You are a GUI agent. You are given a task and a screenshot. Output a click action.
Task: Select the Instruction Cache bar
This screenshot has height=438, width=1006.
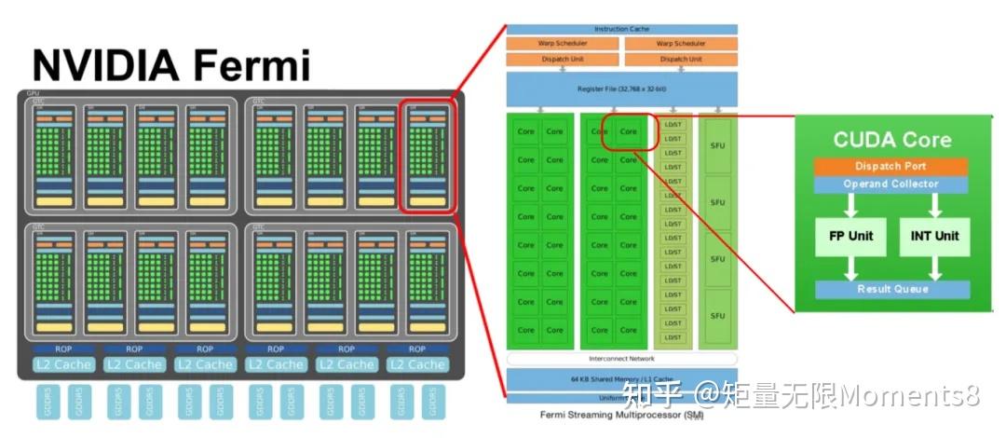click(621, 29)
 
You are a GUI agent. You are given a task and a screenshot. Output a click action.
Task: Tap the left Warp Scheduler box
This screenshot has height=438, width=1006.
click(564, 44)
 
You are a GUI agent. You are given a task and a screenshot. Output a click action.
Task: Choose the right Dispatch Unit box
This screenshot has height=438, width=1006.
click(680, 59)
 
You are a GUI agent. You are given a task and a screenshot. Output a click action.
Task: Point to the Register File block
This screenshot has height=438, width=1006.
click(621, 89)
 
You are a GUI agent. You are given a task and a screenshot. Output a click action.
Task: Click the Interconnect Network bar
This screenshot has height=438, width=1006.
click(621, 359)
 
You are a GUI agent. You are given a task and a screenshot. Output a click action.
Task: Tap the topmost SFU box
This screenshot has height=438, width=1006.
click(717, 145)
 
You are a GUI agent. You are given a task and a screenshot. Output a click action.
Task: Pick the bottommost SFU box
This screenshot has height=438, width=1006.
click(717, 316)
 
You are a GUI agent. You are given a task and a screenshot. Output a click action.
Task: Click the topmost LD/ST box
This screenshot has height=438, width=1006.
click(673, 125)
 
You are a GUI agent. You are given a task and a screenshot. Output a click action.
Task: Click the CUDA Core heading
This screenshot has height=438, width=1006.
click(891, 140)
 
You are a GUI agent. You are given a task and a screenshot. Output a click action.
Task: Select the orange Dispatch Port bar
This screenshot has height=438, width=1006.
click(890, 166)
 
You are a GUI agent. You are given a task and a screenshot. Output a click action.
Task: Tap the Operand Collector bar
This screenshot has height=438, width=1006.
click(890, 184)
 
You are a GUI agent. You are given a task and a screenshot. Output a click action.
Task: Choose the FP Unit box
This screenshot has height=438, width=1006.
click(850, 236)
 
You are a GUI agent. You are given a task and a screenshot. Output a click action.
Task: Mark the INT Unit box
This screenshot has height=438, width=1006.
click(934, 236)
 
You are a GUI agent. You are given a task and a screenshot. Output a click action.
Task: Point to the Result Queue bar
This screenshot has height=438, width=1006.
click(891, 289)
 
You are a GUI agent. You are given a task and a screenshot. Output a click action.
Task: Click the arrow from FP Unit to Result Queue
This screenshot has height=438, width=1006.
click(850, 268)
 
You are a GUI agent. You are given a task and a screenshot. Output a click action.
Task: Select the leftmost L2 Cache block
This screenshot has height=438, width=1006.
click(63, 364)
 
